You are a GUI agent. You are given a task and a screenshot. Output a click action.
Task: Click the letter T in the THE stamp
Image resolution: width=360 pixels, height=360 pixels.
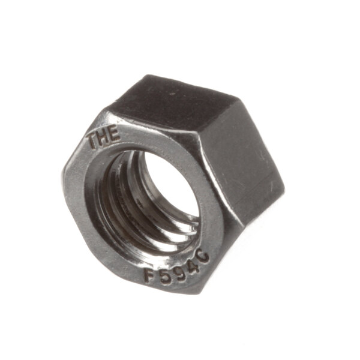click(94, 142)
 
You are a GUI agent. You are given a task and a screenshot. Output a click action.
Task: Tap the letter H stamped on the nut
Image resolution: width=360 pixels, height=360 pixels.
click(103, 138)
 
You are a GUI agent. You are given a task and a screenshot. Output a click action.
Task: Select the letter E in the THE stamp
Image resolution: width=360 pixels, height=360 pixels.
click(113, 134)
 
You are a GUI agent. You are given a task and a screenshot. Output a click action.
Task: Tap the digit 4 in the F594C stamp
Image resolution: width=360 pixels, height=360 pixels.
click(193, 266)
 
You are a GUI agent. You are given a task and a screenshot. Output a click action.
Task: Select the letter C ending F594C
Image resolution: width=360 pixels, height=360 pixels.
click(203, 257)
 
